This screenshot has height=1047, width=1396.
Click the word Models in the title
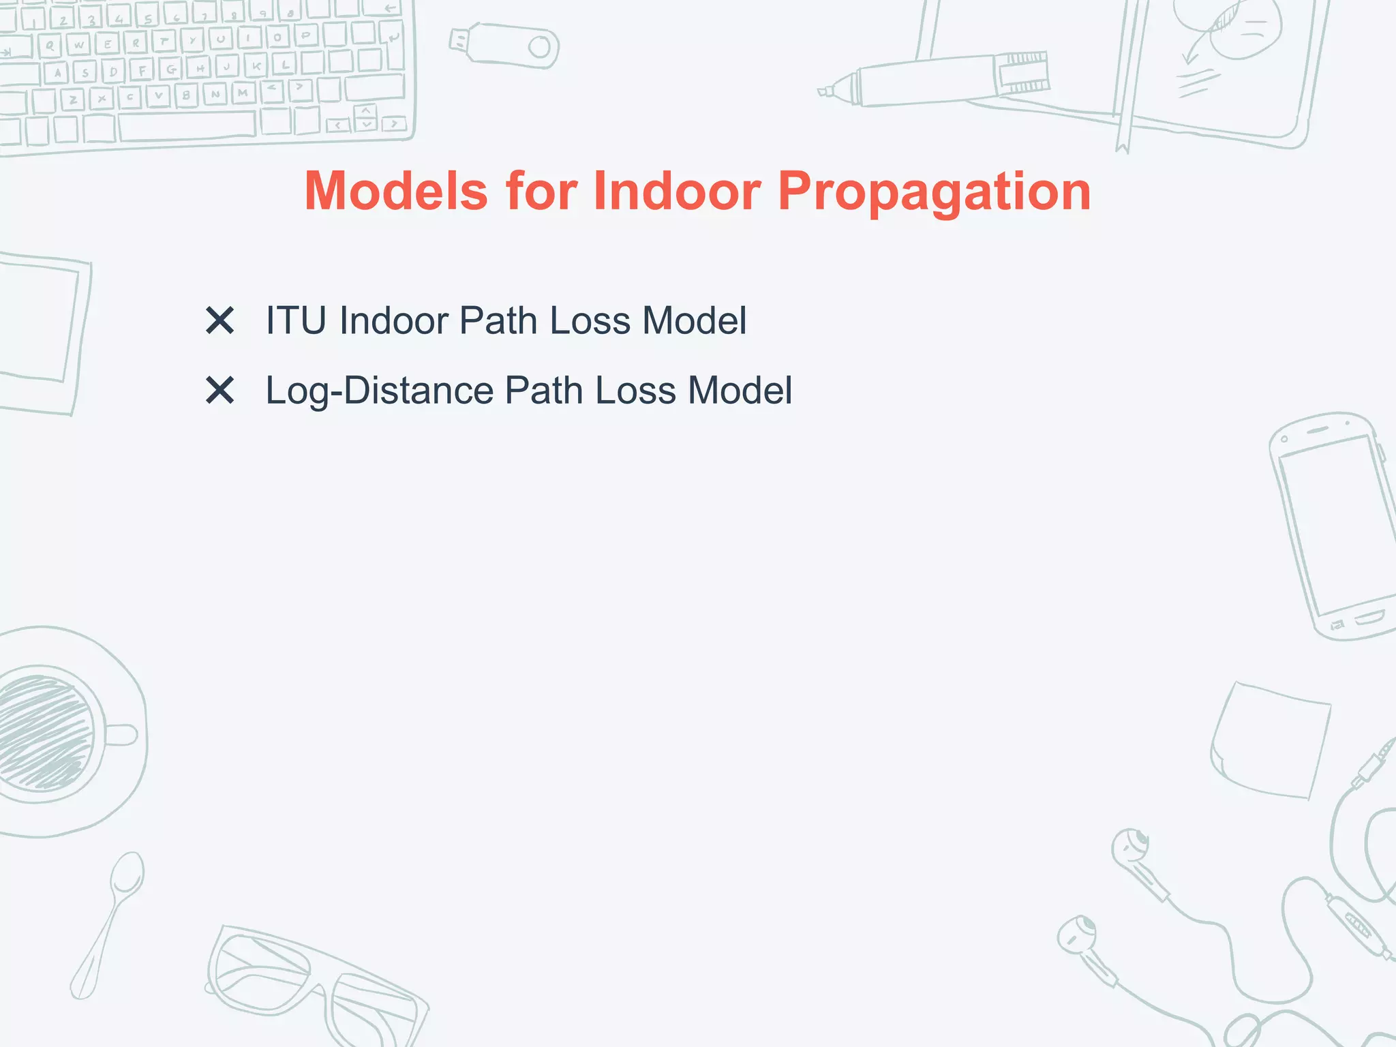396,192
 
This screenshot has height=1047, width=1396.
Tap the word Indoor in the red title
676,192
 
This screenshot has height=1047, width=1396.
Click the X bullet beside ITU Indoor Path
219,320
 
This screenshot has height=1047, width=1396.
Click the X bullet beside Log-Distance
219,391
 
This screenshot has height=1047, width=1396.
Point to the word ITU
296,320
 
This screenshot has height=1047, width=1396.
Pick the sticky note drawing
1271,740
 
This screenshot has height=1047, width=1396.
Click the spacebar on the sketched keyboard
187,126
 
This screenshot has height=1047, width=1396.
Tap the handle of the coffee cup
123,735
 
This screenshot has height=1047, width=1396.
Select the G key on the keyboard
171,69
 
